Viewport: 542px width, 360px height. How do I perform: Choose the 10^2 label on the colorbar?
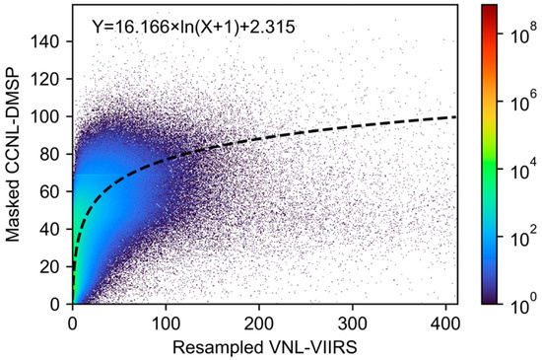517,237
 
